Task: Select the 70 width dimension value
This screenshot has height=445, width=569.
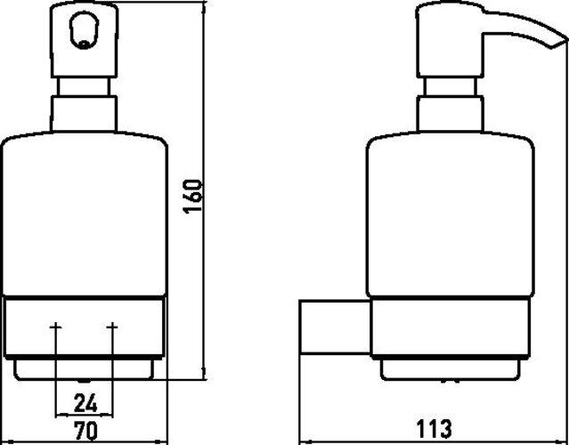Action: (85, 431)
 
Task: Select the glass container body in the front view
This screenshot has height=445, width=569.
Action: (85, 214)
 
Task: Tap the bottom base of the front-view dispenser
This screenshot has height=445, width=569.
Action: (85, 368)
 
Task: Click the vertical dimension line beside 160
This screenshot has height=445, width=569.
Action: (206, 267)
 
